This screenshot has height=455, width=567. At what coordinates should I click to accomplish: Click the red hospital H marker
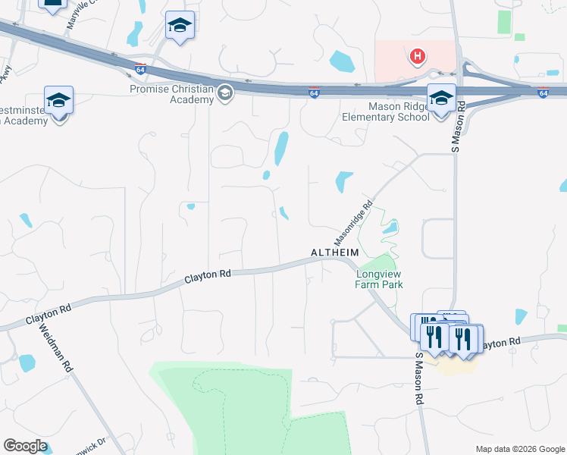(x=416, y=56)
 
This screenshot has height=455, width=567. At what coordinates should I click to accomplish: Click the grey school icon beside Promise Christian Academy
(x=224, y=93)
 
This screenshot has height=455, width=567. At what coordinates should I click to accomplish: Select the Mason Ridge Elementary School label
(x=386, y=112)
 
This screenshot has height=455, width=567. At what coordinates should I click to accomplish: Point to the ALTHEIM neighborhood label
(x=334, y=252)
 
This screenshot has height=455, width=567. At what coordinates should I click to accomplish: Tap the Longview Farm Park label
(x=379, y=279)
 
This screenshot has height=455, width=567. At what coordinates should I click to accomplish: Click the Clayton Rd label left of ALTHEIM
(x=207, y=277)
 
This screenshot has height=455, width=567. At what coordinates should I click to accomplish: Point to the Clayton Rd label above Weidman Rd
(x=49, y=314)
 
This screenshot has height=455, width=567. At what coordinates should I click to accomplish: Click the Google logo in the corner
(x=25, y=445)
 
